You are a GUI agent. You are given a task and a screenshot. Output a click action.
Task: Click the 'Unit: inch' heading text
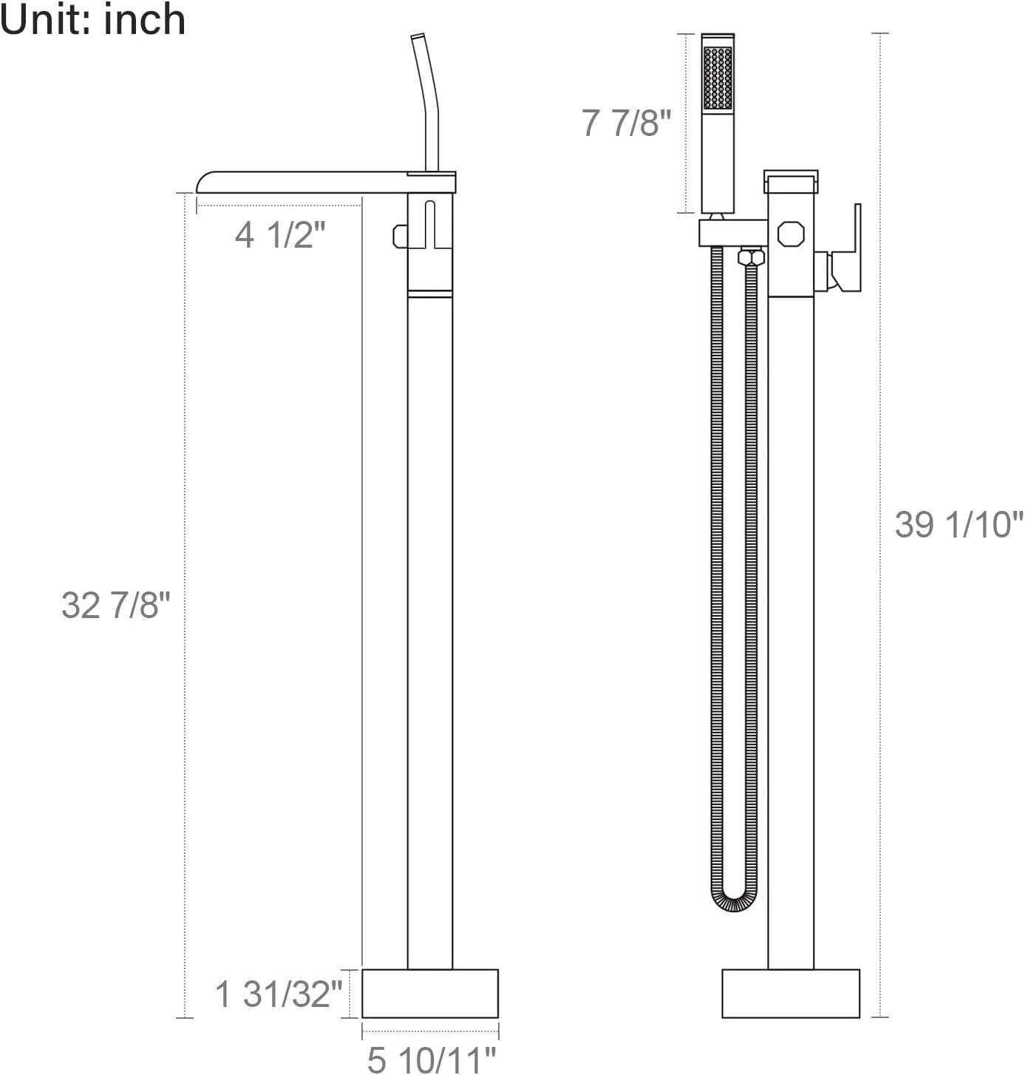(x=92, y=19)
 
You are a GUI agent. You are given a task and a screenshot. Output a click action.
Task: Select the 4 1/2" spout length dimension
(x=280, y=235)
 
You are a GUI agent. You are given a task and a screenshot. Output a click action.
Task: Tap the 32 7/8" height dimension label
(x=115, y=606)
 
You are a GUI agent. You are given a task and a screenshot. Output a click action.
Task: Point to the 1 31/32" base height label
(x=278, y=994)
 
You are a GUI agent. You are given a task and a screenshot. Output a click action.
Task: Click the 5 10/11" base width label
(x=431, y=1059)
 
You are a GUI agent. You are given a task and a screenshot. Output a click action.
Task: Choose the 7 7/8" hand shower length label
(x=626, y=123)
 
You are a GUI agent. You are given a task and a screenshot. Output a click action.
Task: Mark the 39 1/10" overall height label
(x=958, y=525)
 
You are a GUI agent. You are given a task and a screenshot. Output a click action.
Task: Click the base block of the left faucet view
(x=429, y=993)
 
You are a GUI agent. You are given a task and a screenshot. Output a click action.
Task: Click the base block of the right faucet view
(x=790, y=993)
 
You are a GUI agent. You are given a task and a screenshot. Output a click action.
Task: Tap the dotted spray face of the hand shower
(x=718, y=78)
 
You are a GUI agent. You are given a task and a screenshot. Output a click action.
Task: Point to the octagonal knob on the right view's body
(x=790, y=234)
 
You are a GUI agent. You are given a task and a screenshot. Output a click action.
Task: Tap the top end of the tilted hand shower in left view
(x=418, y=37)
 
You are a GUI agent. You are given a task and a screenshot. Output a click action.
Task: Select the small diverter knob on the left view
(x=400, y=236)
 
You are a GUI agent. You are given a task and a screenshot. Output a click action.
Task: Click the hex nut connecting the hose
(x=751, y=257)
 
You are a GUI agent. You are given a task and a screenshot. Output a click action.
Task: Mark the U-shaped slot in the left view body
(x=431, y=225)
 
